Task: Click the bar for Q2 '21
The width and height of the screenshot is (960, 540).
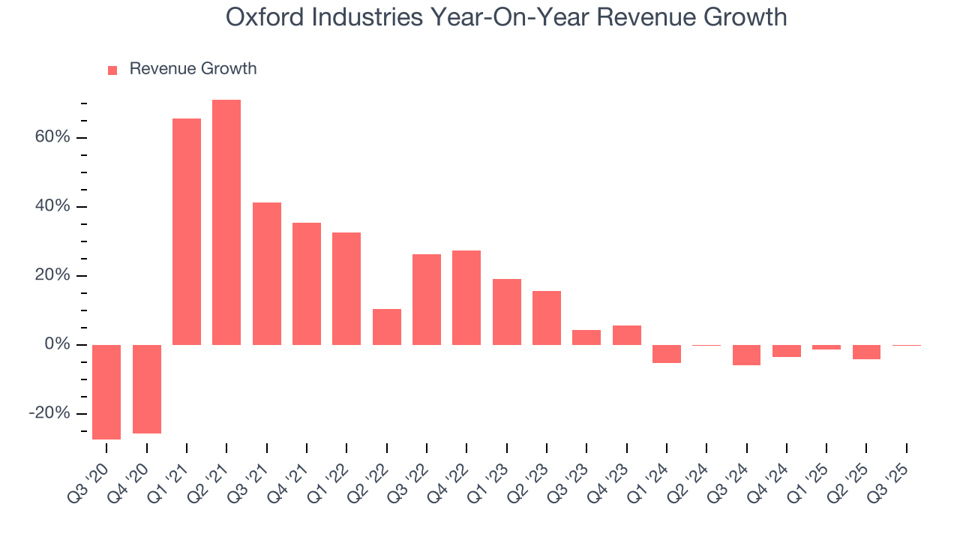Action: pyautogui.click(x=226, y=222)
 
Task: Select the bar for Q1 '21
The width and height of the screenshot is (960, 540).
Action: pyautogui.click(x=187, y=232)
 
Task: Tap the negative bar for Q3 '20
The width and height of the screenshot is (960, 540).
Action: pyautogui.click(x=106, y=391)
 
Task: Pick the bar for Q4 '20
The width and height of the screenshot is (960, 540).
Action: pyautogui.click(x=147, y=388)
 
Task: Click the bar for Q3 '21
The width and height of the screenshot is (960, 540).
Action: pyautogui.click(x=267, y=274)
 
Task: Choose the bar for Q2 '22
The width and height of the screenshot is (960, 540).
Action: pyautogui.click(x=387, y=327)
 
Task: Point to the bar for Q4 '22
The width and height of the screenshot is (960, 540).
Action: pyautogui.click(x=466, y=298)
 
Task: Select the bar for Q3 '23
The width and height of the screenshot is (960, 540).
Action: pyautogui.click(x=586, y=337)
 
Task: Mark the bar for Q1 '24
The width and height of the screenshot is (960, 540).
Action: pyautogui.click(x=667, y=353)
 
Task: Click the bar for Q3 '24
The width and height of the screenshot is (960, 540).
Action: pyautogui.click(x=746, y=355)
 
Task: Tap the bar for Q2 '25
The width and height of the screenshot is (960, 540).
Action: pyautogui.click(x=866, y=352)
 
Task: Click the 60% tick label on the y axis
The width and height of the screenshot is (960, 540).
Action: pyautogui.click(x=51, y=138)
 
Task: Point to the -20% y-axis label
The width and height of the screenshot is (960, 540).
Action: pyautogui.click(x=49, y=414)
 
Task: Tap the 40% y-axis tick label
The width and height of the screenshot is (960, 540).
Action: pyautogui.click(x=51, y=207)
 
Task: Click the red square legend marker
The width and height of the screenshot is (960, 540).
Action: pyautogui.click(x=112, y=70)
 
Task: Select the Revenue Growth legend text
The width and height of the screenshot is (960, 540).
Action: pyautogui.click(x=193, y=69)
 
